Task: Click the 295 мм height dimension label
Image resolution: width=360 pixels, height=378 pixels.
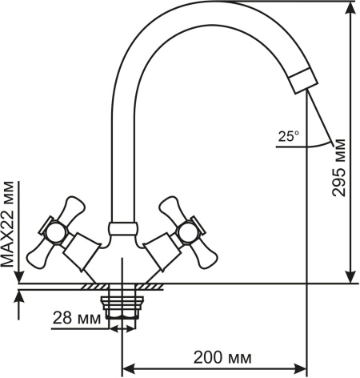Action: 338,168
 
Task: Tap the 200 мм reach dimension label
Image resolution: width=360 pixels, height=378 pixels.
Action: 222,357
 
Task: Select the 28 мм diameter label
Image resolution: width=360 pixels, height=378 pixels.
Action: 77,318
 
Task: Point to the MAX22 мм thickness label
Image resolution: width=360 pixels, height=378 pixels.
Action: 7,224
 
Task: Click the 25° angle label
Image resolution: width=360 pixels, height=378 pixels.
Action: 289,136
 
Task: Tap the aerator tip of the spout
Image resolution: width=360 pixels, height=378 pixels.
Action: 304,81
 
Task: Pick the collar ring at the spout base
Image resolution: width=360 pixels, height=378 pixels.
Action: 123,228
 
